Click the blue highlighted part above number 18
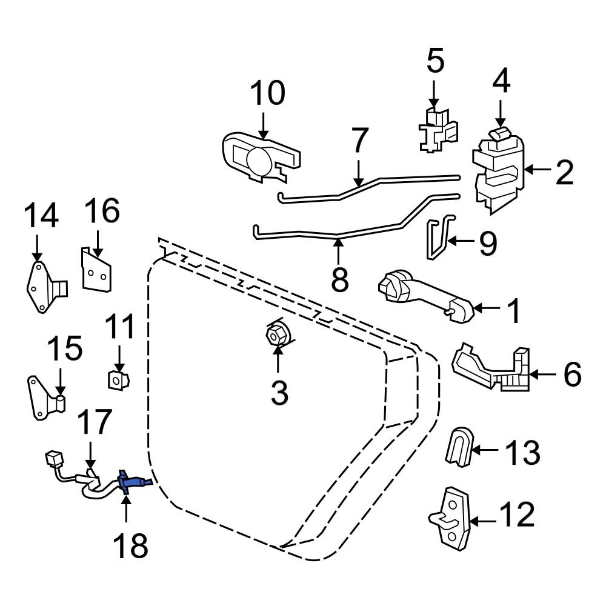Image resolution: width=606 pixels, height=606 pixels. (x=128, y=482)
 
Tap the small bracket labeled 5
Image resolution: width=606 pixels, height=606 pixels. (x=436, y=130)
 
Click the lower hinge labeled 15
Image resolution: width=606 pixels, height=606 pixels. (x=45, y=398)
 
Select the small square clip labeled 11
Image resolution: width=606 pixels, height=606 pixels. (x=116, y=380)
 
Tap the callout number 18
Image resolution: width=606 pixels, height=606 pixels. (x=130, y=547)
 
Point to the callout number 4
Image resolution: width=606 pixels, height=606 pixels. (x=501, y=79)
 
